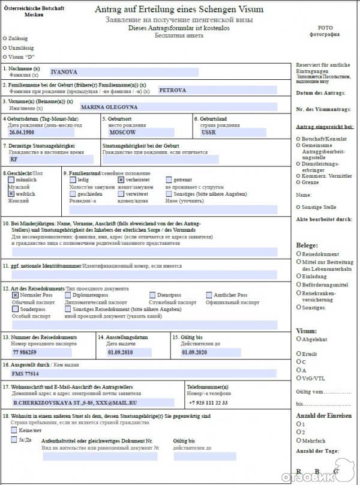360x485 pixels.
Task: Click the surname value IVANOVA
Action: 62,72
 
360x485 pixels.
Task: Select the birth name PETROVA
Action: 173,90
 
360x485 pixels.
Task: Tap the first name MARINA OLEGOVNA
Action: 109,107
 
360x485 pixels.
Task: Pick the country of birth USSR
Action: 209,131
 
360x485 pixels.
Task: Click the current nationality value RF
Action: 14,160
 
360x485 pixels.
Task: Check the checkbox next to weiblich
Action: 11,194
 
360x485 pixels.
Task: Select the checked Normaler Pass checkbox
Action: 15,295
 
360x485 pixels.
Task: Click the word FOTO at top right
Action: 325,28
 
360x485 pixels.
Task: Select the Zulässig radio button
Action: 5,38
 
